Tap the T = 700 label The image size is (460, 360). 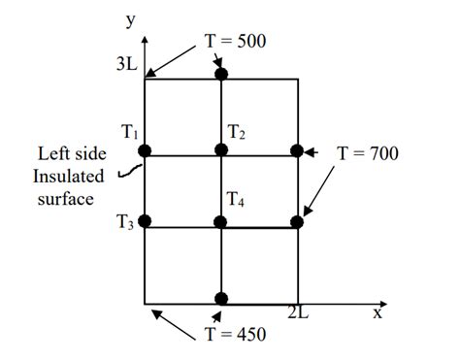click(x=367, y=153)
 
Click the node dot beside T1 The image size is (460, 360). click(x=145, y=150)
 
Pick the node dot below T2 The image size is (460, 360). click(x=221, y=150)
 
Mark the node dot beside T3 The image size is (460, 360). click(x=145, y=222)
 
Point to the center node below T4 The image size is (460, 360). click(x=221, y=223)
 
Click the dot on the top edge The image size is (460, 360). click(x=221, y=74)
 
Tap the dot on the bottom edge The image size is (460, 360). click(x=221, y=298)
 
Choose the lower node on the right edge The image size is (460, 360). click(x=297, y=222)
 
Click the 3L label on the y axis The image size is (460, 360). click(x=125, y=66)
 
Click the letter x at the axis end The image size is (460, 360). click(x=377, y=312)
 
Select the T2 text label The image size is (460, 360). click(x=237, y=131)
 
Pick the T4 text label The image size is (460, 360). click(x=236, y=201)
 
